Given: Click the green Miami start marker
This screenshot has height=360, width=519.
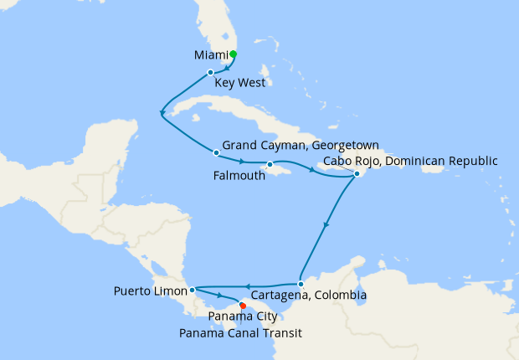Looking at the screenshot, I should click(x=233, y=54).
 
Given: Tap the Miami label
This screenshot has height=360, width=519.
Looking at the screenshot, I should click(x=211, y=55).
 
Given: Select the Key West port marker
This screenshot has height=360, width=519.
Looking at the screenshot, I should click(x=211, y=73).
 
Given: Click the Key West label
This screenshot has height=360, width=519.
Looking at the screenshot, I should click(x=239, y=84).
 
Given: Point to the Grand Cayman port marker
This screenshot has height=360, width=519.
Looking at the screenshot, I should click(x=217, y=152).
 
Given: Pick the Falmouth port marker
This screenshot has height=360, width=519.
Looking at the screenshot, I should click(x=270, y=164).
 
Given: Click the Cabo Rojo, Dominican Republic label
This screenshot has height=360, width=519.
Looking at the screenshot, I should click(x=411, y=162).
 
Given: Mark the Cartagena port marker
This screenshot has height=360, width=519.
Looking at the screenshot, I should click(x=301, y=283).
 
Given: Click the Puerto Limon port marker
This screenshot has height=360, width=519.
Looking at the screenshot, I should click(x=193, y=291).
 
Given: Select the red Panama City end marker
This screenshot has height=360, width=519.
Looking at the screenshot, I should click(x=243, y=306).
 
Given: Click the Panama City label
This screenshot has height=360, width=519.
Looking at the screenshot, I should click(x=243, y=318).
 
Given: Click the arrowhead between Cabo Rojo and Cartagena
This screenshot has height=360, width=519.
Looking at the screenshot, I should click(x=326, y=224).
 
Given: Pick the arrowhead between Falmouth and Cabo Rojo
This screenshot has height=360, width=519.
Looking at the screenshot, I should click(x=313, y=170).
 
